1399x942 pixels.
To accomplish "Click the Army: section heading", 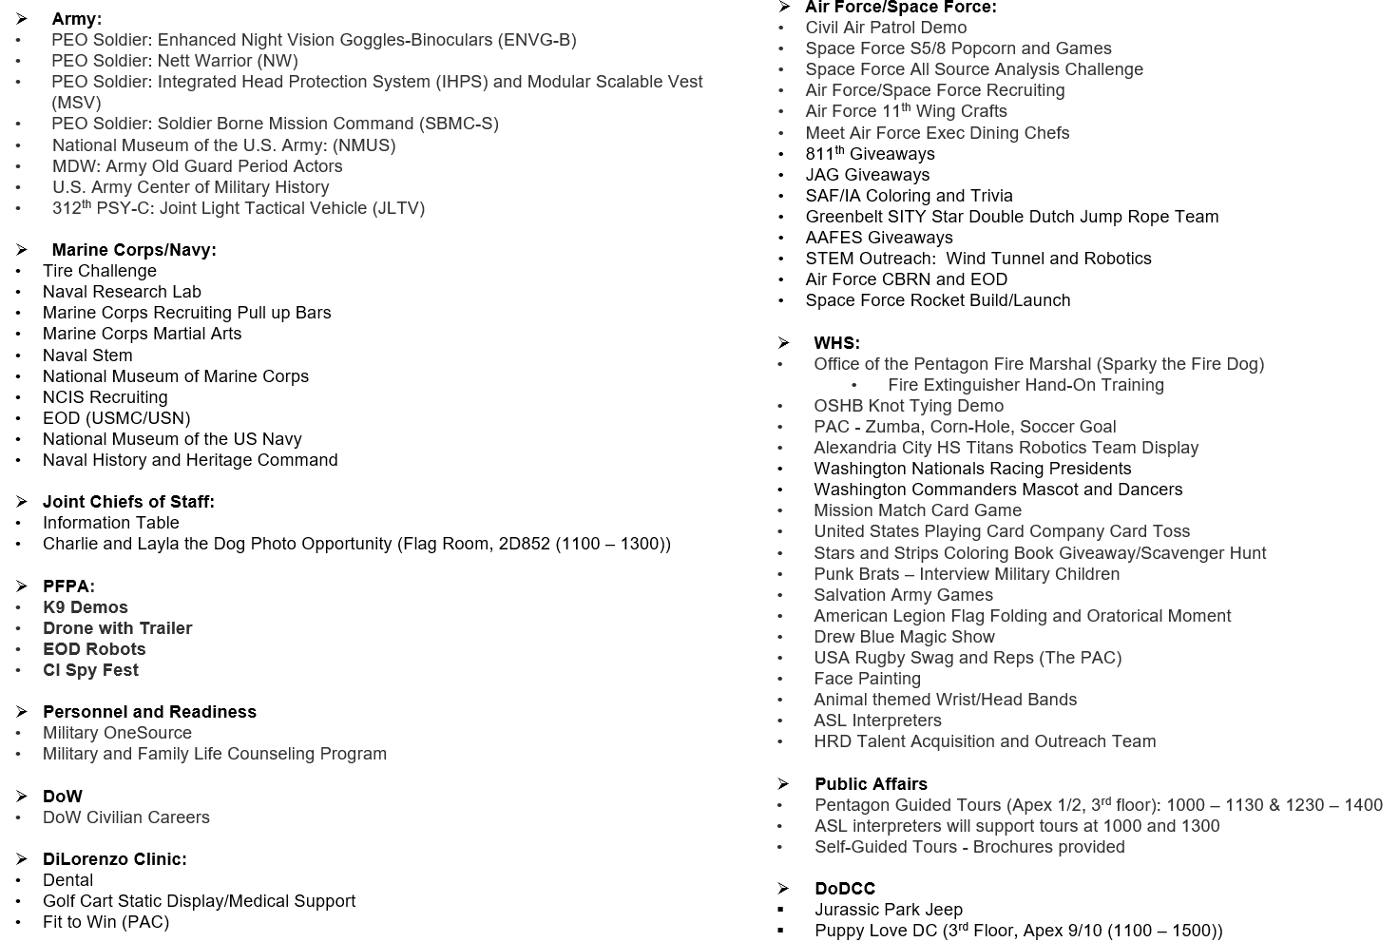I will [x=76, y=19].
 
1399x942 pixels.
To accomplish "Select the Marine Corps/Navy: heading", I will [x=134, y=250].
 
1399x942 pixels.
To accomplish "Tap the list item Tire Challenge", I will [x=99, y=271].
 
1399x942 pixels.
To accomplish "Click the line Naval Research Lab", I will [x=122, y=292].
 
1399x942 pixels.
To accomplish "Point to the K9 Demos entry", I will [x=85, y=607].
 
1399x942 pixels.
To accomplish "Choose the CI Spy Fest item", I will [x=90, y=670].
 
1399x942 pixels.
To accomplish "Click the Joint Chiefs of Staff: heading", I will [x=128, y=502].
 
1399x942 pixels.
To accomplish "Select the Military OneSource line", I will [x=117, y=733].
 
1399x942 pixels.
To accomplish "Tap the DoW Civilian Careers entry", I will [x=125, y=817].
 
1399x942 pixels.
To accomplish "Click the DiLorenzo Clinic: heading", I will [x=114, y=859].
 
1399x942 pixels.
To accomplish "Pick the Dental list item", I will [x=67, y=880].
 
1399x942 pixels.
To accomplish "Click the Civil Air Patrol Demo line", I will [x=886, y=28].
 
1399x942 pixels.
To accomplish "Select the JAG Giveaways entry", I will [x=867, y=175].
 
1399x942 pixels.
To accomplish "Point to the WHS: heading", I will [x=836, y=343].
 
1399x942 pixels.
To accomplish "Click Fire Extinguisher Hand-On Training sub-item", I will [x=1025, y=385].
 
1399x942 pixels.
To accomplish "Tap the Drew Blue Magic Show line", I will [x=904, y=637].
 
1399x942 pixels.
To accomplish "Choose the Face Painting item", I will [x=867, y=679].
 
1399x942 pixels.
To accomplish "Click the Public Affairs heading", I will [x=871, y=784].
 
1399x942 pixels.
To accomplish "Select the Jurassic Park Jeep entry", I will [x=888, y=910].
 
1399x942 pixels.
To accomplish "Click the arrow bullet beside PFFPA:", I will [x=22, y=586].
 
